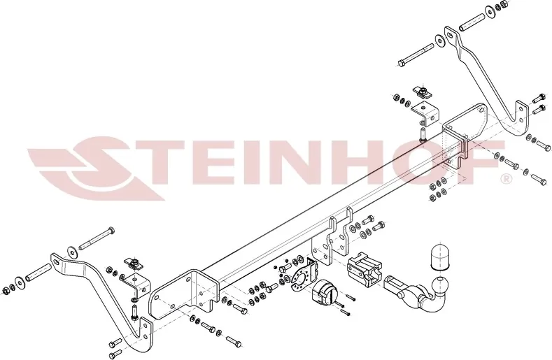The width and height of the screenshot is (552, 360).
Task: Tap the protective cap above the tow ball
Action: click(439, 256)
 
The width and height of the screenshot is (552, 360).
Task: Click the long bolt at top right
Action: click(416, 55)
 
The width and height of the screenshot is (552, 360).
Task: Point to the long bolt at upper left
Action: click(96, 238)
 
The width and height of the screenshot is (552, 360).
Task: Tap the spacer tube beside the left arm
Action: click(38, 272)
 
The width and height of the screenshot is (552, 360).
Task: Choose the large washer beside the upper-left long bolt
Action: click(72, 252)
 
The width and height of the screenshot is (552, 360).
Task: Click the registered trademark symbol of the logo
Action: click(506, 179)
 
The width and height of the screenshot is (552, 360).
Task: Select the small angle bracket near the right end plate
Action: click(425, 113)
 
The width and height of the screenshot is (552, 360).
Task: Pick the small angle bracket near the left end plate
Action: click(136, 284)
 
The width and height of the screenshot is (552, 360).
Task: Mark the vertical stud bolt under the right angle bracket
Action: click(423, 133)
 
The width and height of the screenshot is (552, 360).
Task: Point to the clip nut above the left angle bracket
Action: click(134, 264)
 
